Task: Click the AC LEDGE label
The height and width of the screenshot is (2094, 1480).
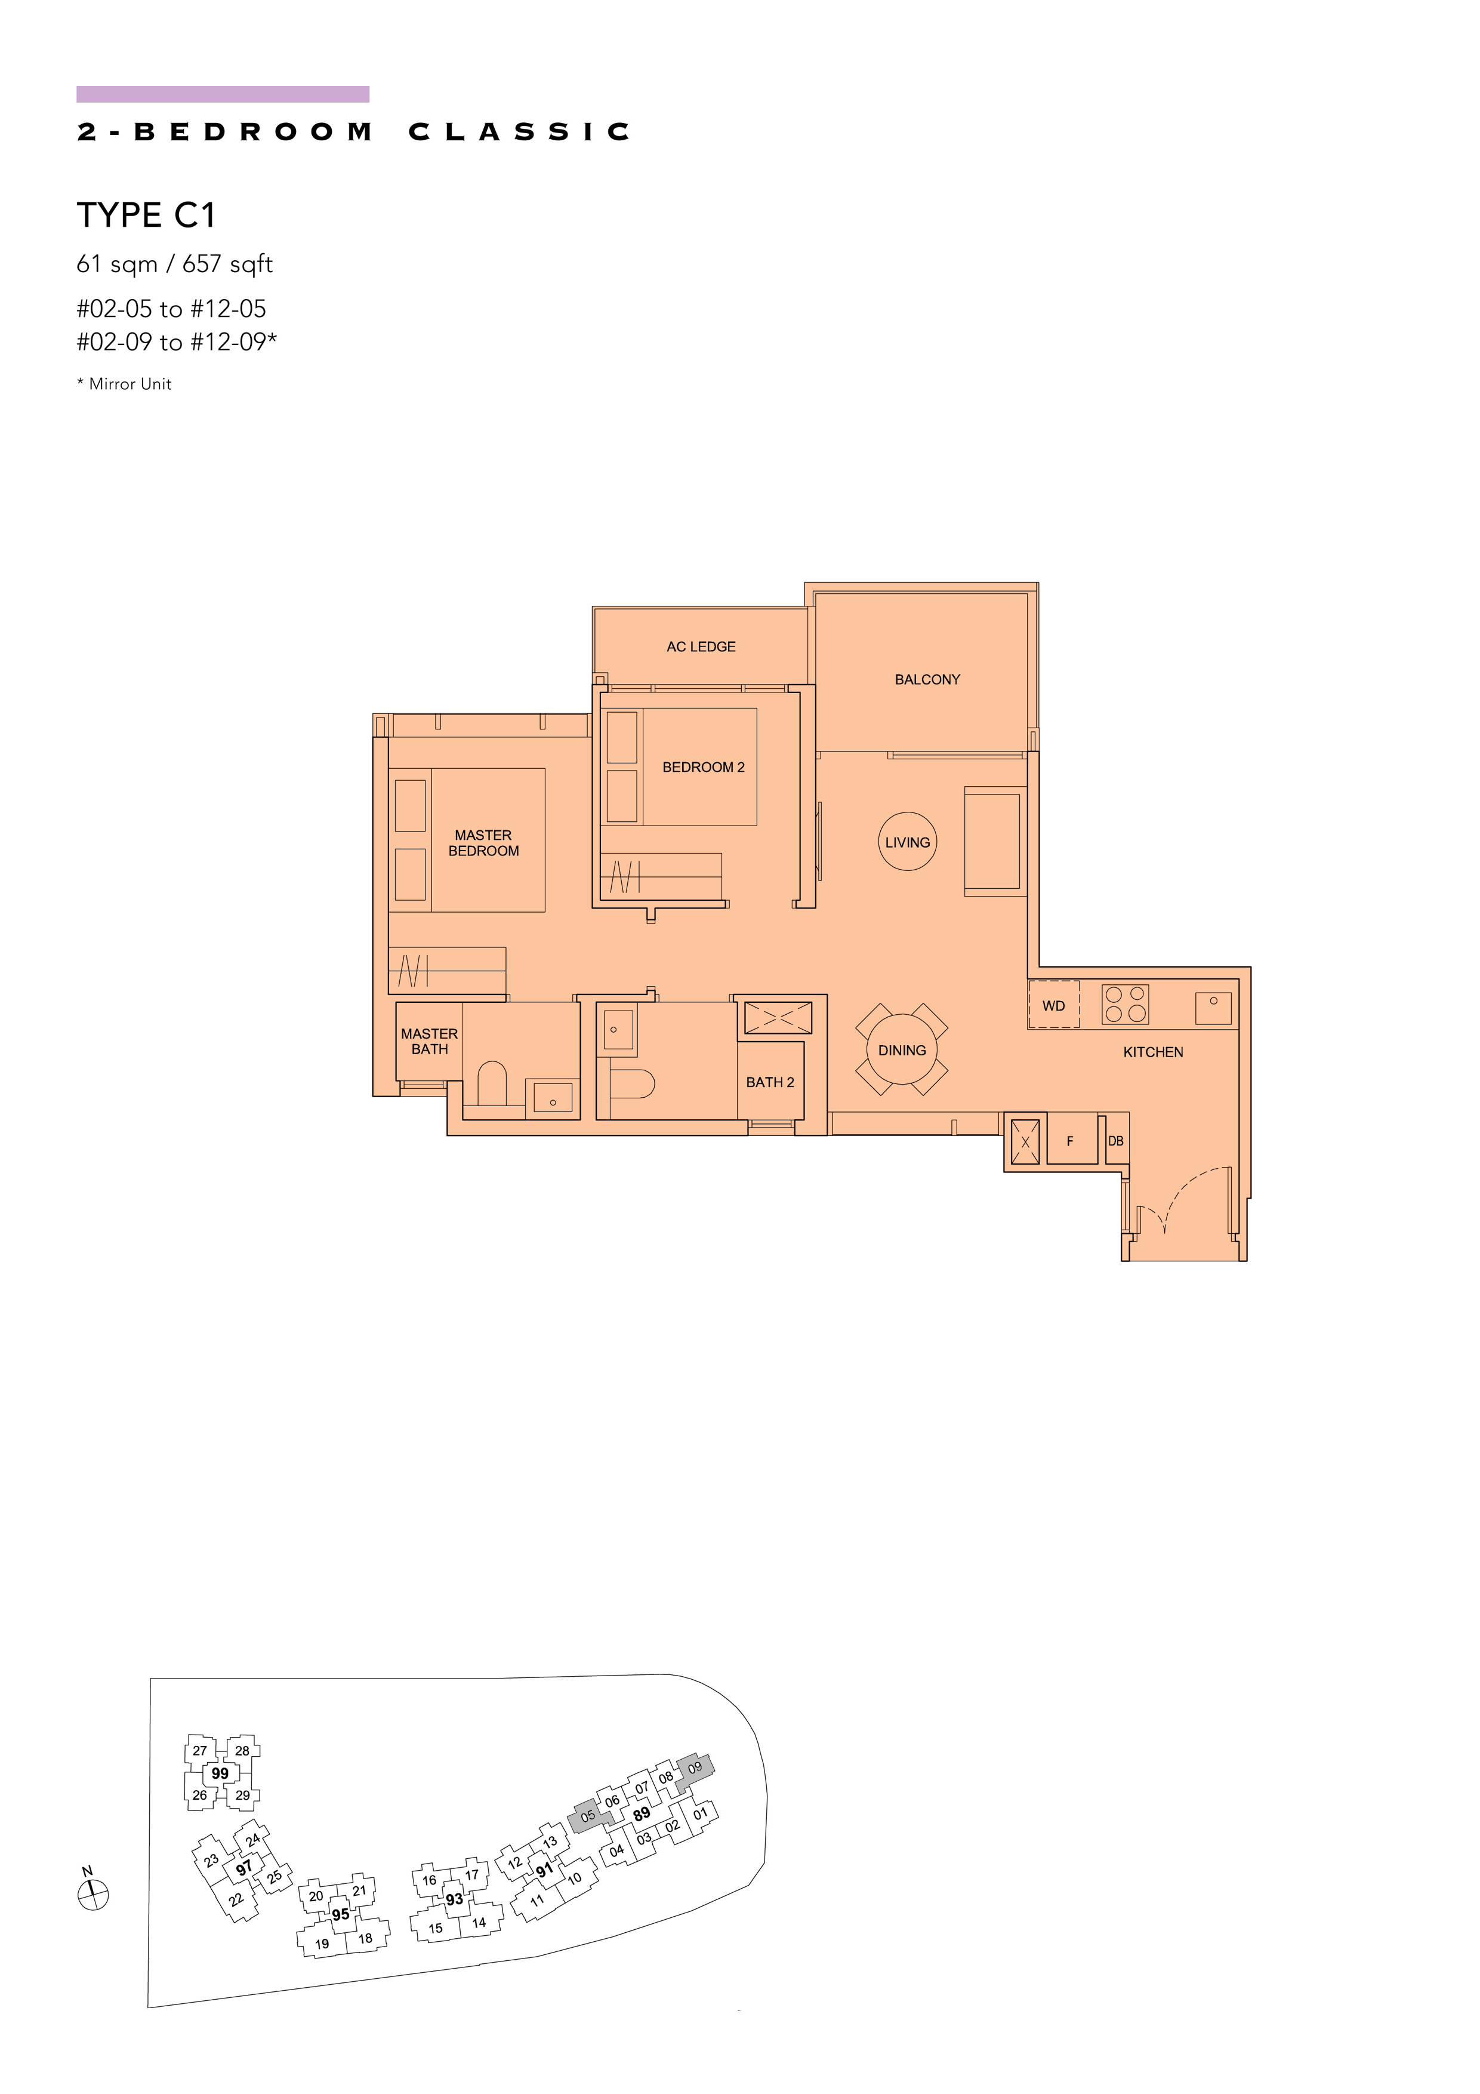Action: pyautogui.click(x=701, y=646)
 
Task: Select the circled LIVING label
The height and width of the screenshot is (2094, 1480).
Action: pyautogui.click(x=907, y=842)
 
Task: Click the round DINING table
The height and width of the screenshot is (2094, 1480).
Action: pyautogui.click(x=902, y=1050)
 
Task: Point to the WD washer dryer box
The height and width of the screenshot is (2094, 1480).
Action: pyautogui.click(x=1053, y=1005)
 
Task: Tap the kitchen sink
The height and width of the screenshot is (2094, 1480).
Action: pyautogui.click(x=1214, y=1008)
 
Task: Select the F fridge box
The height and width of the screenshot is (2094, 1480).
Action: pyautogui.click(x=1071, y=1138)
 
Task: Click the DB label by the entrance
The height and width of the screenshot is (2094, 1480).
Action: pyautogui.click(x=1115, y=1141)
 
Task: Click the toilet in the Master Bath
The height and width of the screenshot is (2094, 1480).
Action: pyautogui.click(x=492, y=1083)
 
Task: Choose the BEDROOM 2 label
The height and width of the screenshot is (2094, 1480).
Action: pyautogui.click(x=703, y=767)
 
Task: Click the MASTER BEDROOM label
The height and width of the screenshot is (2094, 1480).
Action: pyautogui.click(x=483, y=843)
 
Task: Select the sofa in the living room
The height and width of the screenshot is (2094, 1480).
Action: pyautogui.click(x=996, y=841)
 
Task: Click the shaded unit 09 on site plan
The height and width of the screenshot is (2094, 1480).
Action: pyautogui.click(x=695, y=1767)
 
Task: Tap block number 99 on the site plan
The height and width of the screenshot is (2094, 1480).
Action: pyautogui.click(x=220, y=1773)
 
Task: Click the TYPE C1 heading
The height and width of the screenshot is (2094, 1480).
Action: pyautogui.click(x=146, y=215)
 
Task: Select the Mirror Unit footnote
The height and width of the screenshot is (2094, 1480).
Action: pyautogui.click(x=124, y=384)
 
